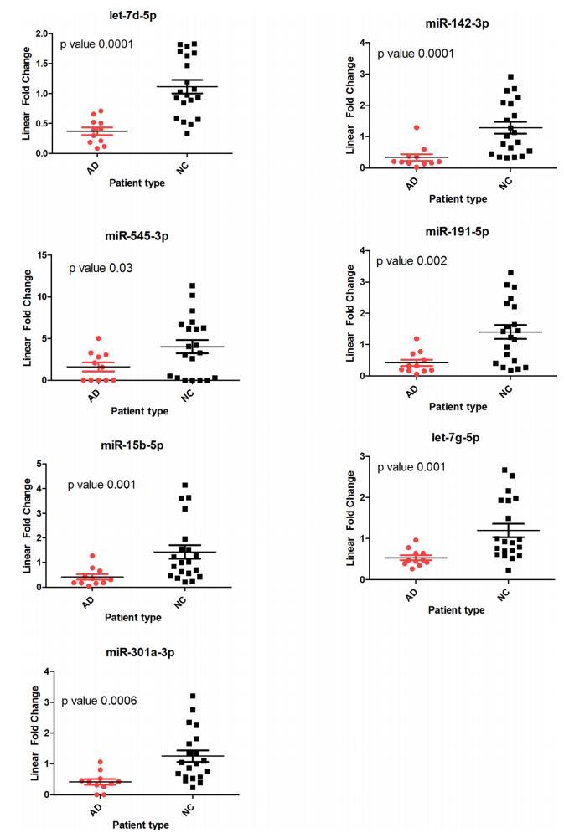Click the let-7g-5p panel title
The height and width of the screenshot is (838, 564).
click(x=456, y=438)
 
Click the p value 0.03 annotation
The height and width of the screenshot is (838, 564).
click(x=102, y=269)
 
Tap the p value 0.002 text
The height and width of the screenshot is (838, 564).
click(x=411, y=261)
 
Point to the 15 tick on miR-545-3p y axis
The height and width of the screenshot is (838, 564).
click(x=51, y=254)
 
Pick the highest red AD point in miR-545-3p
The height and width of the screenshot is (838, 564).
click(x=98, y=339)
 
